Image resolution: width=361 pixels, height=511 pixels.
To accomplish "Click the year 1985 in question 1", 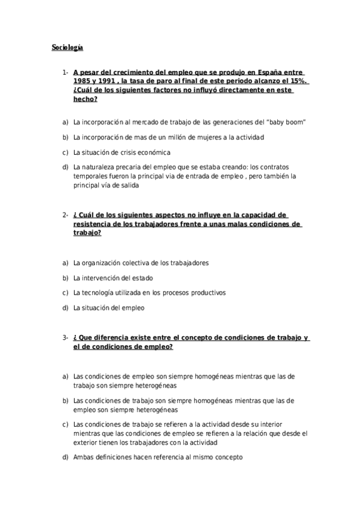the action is pos(82,81).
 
